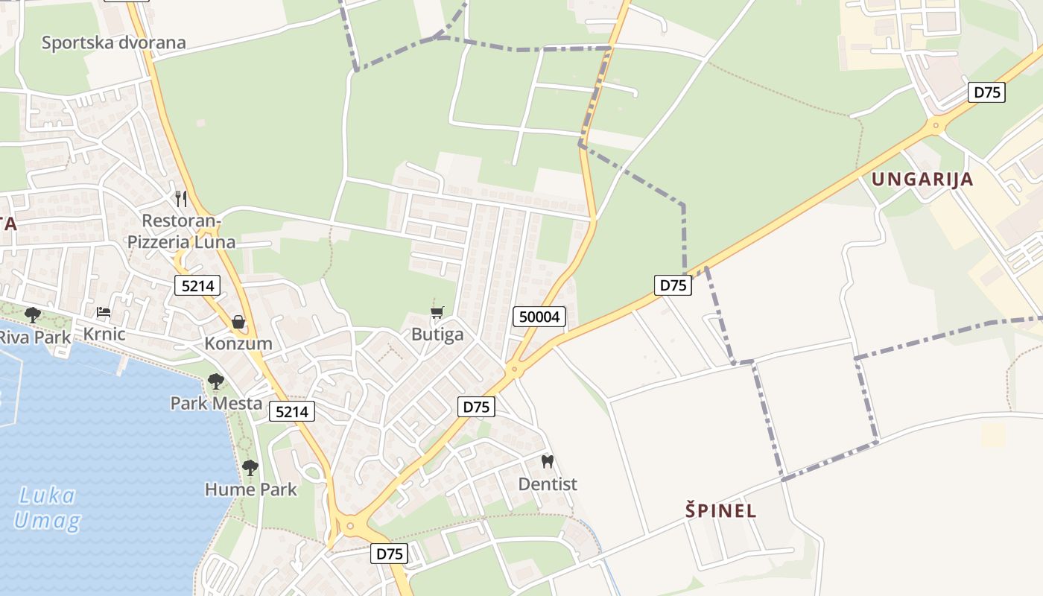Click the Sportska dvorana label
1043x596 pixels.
113,42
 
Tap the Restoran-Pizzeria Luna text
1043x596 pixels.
181,231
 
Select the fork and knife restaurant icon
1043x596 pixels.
180,199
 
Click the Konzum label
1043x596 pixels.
238,344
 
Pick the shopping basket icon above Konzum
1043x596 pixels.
238,322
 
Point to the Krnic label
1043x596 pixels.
104,335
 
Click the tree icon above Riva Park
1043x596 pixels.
32,314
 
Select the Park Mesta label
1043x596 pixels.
216,404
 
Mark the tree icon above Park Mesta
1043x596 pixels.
215,381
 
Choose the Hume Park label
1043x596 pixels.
250,489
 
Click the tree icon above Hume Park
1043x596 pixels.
250,468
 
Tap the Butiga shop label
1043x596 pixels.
437,335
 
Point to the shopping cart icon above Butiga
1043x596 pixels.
437,312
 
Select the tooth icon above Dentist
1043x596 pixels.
548,462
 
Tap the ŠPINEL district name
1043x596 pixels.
720,511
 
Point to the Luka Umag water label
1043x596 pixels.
46,508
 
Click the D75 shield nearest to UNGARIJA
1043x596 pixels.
987,92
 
